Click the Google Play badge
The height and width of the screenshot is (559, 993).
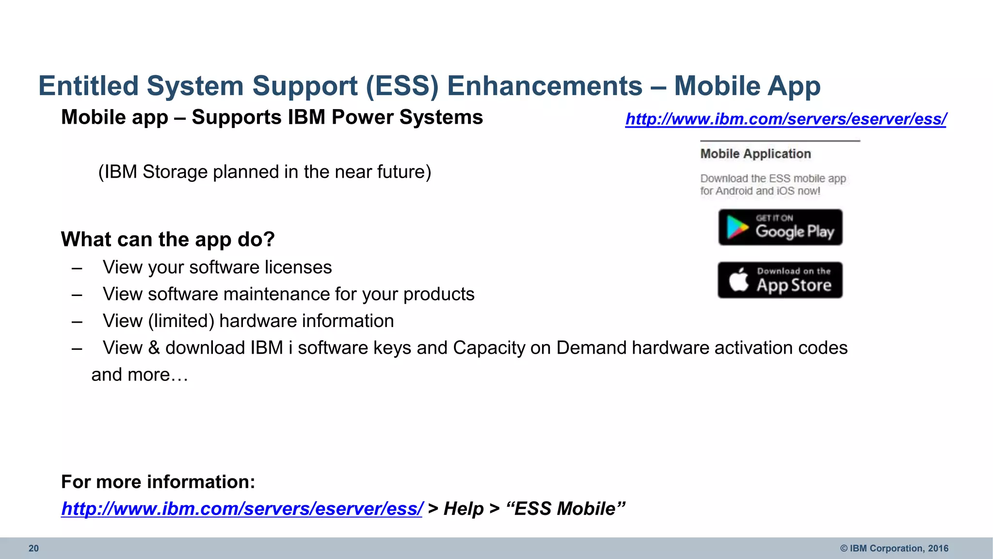780,228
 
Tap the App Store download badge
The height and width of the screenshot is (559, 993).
780,280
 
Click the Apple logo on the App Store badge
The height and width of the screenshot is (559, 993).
739,280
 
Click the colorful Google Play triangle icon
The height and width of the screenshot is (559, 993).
737,228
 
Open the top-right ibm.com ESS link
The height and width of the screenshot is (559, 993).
785,119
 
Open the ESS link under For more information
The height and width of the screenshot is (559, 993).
242,509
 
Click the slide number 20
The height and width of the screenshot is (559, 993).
33,548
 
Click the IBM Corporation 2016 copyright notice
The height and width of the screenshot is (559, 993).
894,548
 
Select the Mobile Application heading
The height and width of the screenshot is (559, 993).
755,154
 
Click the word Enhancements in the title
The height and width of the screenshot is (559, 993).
545,86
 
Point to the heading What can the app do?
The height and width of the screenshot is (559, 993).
168,239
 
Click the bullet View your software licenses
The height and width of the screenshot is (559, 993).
217,267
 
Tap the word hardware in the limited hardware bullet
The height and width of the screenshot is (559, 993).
250,321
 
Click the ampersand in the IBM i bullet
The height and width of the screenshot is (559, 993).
154,348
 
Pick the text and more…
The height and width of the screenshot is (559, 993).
140,375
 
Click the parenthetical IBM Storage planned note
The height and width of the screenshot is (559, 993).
265,172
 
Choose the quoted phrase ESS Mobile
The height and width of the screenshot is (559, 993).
565,509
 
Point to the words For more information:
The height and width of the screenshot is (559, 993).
158,482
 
